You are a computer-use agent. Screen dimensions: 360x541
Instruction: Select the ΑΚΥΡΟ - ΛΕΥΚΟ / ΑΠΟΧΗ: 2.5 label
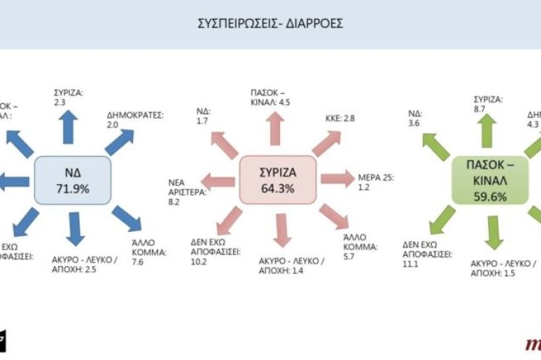click(85, 264)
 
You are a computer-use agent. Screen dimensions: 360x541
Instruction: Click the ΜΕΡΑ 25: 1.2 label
click(374, 181)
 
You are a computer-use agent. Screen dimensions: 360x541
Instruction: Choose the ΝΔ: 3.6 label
click(414, 119)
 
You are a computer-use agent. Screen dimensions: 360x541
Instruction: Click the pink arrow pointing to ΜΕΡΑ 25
click(336, 179)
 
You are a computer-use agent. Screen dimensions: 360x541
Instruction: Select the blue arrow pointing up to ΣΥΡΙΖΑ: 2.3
click(71, 131)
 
